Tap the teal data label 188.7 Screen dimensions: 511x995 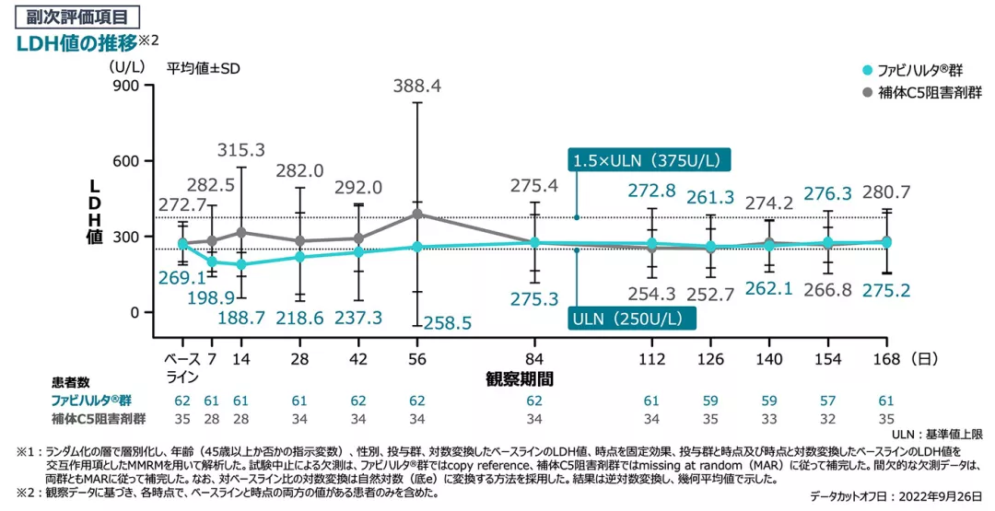[x=240, y=319]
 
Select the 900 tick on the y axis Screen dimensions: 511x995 [x=123, y=86]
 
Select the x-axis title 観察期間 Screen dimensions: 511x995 [x=520, y=378]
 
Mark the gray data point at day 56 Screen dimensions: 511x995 [x=417, y=214]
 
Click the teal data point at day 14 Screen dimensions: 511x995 [x=240, y=264]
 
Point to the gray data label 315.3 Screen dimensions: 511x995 [x=240, y=149]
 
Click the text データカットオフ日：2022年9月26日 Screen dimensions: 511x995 [x=896, y=495]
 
